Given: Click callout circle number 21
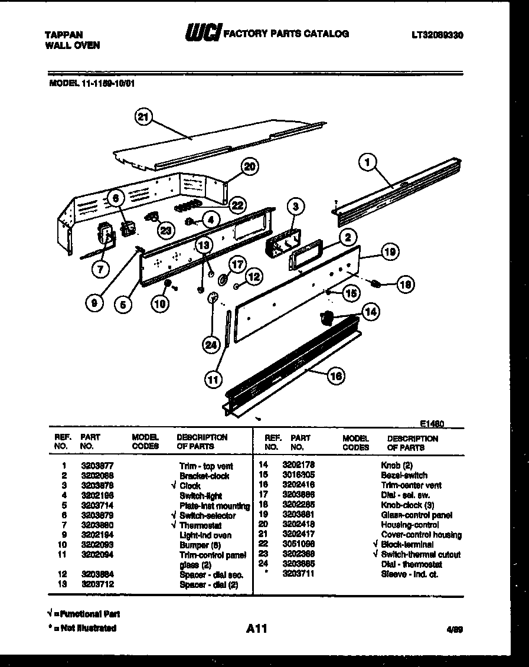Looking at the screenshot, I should click(x=142, y=117).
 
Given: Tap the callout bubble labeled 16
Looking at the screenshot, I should click(x=336, y=375).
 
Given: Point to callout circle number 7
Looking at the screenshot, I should click(x=101, y=270).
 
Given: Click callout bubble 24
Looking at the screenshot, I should click(x=211, y=346).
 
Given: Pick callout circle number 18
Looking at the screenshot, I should click(x=405, y=285).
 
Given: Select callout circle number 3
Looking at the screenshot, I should click(x=296, y=206).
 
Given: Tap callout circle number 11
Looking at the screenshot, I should click(x=213, y=380).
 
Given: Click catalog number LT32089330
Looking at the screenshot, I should click(x=437, y=35).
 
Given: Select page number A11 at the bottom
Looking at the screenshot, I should click(x=256, y=629).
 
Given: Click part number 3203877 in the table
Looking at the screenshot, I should click(x=97, y=466).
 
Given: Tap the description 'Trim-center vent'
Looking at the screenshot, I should click(x=412, y=485).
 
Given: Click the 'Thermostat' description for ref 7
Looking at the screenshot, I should click(x=201, y=525).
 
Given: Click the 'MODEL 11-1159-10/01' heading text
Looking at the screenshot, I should click(x=92, y=83).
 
